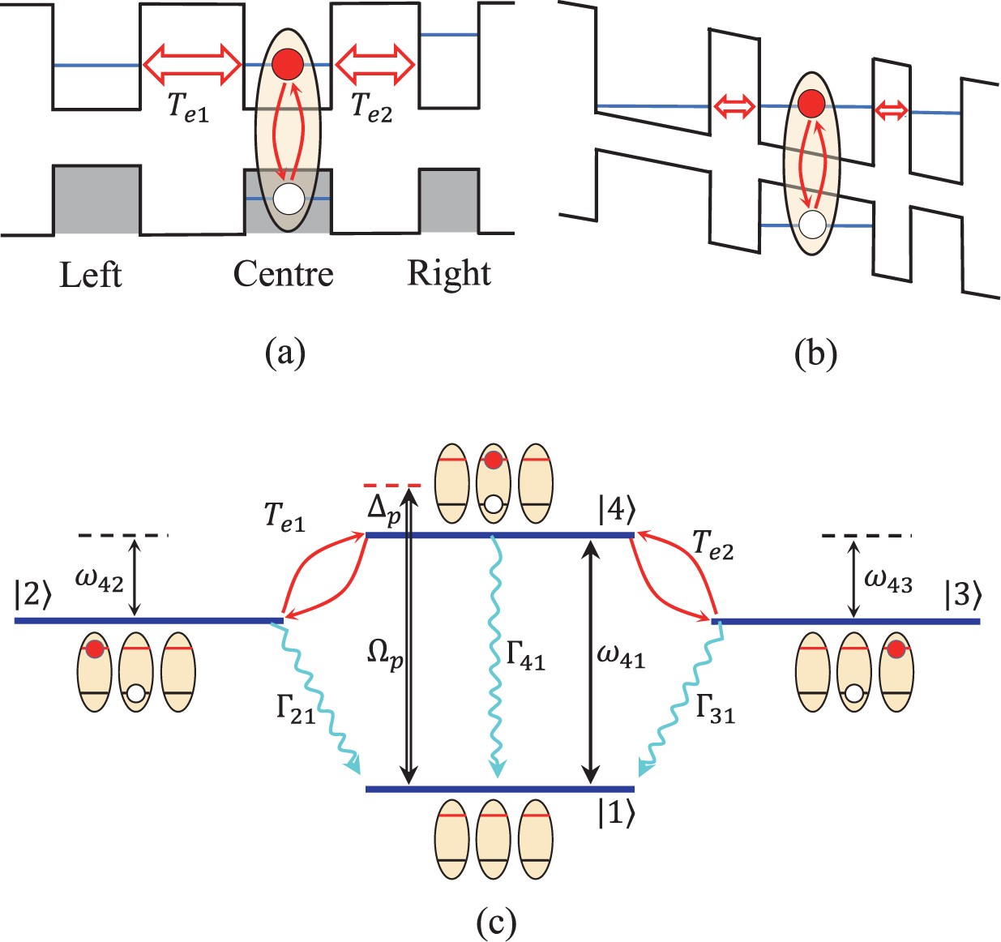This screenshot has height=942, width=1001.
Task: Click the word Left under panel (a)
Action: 90,275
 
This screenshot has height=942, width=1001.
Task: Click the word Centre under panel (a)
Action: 283,274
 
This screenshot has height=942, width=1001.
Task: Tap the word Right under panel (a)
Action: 448,274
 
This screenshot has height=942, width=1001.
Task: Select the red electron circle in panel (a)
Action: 287,65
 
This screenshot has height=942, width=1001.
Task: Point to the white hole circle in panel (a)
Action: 289,198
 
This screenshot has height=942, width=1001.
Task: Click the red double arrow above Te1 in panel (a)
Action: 193,63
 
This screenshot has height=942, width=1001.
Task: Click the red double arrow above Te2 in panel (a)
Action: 375,63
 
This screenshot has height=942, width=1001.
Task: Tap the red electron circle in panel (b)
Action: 811,104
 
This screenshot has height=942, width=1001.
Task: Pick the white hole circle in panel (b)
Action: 811,224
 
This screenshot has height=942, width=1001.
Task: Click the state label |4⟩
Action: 617,511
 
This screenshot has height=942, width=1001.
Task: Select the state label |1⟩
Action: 616,813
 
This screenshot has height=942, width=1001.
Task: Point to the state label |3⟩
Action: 963,594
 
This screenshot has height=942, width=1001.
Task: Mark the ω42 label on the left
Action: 99,578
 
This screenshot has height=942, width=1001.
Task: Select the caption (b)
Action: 815,354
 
